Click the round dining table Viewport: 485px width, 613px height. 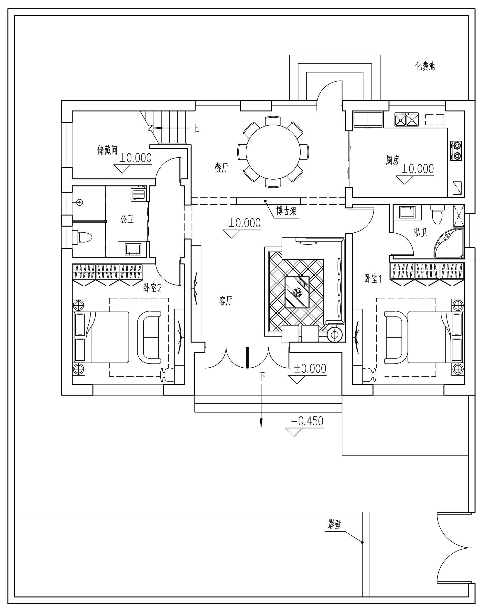[x=273, y=151]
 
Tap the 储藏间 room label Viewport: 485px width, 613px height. [x=107, y=150]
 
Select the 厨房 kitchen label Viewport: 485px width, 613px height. [x=393, y=160]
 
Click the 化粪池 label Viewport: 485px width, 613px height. [x=425, y=66]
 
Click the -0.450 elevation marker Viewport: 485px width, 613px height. [x=307, y=421]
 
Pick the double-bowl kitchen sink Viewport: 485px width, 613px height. [x=406, y=119]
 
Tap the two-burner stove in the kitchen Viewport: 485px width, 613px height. [x=457, y=150]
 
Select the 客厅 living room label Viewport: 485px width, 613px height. [x=225, y=301]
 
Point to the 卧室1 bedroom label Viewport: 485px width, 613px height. [x=373, y=278]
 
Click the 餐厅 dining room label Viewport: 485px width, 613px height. [x=221, y=168]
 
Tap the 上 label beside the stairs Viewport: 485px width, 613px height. [x=196, y=129]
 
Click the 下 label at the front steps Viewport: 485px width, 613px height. [x=262, y=376]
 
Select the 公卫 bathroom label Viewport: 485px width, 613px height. [x=127, y=219]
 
